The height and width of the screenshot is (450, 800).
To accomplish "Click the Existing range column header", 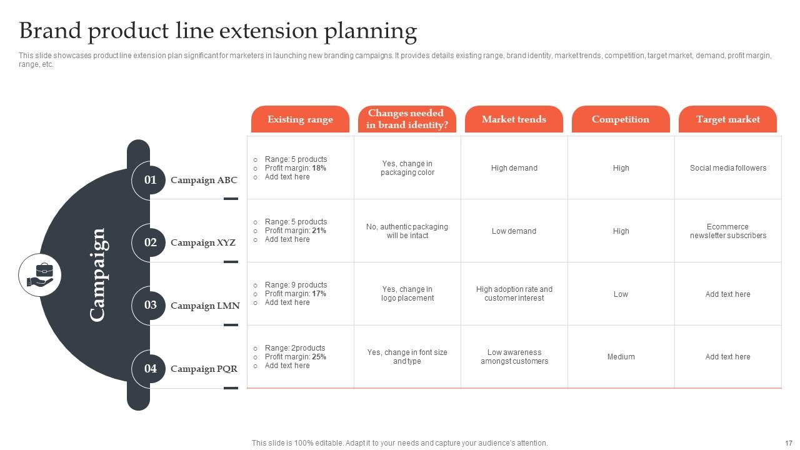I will coord(300,119).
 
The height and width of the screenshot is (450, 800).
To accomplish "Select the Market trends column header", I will coord(514,119).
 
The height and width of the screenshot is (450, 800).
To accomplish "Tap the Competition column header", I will coord(621,119).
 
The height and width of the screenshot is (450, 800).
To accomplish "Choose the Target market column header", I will coord(727,119).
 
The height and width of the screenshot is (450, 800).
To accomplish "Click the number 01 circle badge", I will coord(150,180).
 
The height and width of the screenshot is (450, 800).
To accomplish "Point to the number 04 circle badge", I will coord(150,369).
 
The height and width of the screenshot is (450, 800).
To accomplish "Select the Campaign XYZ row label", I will coord(203,242).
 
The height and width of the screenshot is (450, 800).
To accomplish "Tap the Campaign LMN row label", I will coord(205,306).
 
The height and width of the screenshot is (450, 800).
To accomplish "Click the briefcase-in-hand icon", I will coord(40,275).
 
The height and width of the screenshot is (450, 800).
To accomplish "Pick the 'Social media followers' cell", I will coord(727,168).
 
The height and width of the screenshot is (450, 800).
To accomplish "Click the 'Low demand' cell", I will coord(514,231).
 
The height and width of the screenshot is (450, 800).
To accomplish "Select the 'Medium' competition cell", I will coord(621,357).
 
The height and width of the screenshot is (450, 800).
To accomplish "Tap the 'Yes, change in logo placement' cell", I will coord(407,294).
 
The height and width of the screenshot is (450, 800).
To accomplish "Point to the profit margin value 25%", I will coord(319,357).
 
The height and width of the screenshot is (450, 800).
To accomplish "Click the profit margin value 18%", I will coord(319,168).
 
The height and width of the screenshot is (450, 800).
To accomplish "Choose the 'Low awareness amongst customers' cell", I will coord(514,357).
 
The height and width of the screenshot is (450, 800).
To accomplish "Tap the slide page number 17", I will coord(788,443).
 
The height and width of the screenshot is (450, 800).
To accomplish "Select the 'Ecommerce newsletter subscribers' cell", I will coord(727,231).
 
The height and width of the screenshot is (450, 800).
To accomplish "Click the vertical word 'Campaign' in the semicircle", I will coord(97,275).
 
